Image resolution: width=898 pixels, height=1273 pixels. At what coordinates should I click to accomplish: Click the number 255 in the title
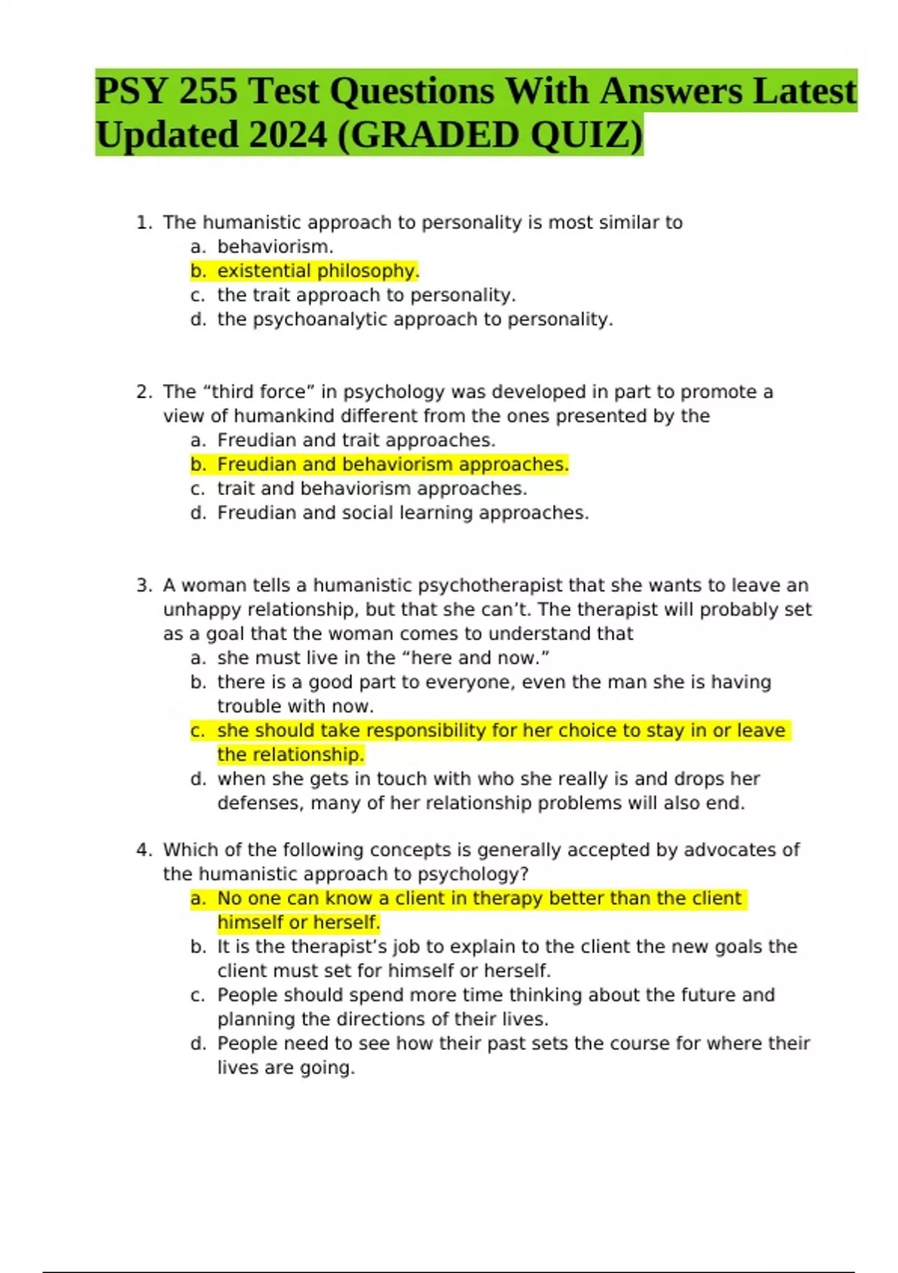pos(208,92)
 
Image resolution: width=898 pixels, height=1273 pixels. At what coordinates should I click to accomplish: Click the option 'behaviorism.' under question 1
pos(275,247)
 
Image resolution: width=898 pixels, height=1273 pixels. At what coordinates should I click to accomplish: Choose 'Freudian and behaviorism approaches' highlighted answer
pos(393,465)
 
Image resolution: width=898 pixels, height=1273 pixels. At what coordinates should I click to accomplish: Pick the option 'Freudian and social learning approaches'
pos(403,513)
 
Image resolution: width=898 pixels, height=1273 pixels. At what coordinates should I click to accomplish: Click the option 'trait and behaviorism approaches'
pos(372,489)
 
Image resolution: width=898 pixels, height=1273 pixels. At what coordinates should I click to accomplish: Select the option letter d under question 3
pos(198,780)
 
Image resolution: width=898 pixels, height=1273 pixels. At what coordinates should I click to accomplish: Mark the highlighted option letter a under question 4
pos(198,899)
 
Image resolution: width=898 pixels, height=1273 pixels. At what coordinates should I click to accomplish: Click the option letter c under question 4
pos(198,995)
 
